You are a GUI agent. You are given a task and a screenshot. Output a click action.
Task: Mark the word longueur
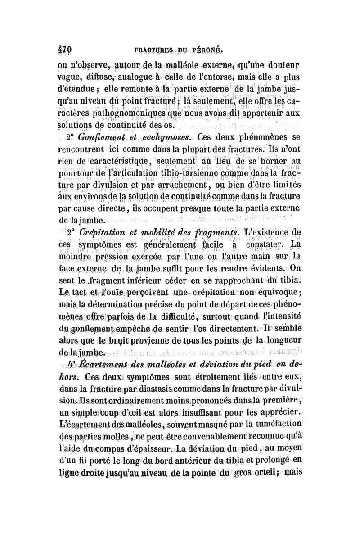point(282,338)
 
